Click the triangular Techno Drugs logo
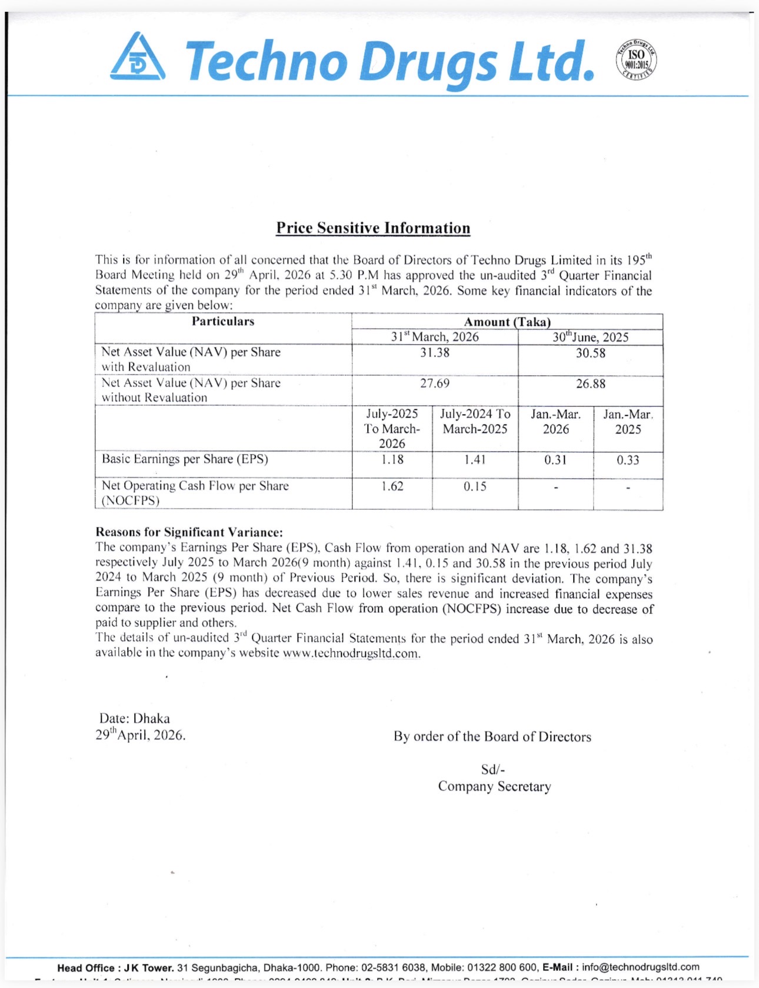point(138,58)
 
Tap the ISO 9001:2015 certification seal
point(636,60)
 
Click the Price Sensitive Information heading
point(373,228)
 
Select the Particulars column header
point(223,322)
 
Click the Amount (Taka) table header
point(507,322)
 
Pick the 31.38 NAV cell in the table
point(435,353)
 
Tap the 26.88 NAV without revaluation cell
point(590,383)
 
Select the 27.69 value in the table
point(435,383)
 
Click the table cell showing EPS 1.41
point(475,459)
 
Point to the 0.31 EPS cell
point(555,460)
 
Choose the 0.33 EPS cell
point(628,460)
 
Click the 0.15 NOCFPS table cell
point(475,486)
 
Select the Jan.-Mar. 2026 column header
point(555,422)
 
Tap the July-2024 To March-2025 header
point(475,422)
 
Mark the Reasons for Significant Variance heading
point(189,532)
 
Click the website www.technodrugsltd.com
point(351,653)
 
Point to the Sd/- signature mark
point(493,769)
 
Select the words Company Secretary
point(494,786)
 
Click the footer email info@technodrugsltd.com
point(641,967)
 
